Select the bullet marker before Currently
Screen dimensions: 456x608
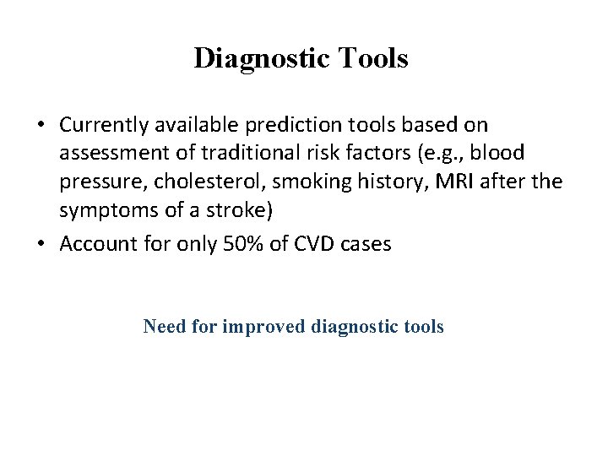[x=41, y=126]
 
